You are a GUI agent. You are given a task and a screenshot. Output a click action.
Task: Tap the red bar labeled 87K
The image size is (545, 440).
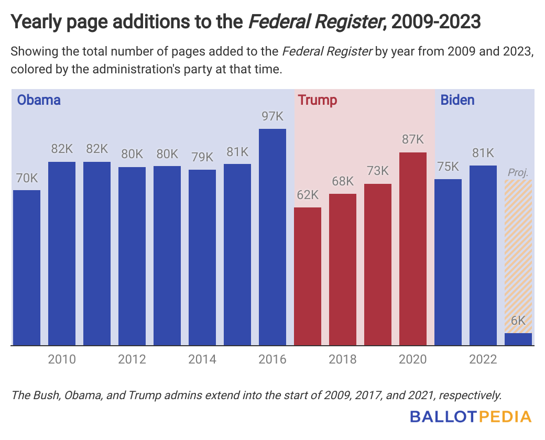413,249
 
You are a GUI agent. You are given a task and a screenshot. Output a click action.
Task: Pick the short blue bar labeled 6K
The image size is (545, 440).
518,339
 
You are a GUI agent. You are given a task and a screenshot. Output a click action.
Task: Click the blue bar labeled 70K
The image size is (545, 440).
27,267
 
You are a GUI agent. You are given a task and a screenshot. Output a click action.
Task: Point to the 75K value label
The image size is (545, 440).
448,167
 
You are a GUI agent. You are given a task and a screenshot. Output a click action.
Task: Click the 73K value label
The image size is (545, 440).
378,171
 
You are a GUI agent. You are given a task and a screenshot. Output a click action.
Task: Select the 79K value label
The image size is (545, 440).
202,157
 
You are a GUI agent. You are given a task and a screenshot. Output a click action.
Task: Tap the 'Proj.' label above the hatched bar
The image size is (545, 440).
518,172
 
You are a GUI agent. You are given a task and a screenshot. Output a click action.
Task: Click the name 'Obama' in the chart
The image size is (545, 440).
39,100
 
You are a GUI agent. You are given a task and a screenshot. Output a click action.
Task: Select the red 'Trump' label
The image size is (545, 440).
317,100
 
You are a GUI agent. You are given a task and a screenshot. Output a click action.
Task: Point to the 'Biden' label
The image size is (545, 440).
457,100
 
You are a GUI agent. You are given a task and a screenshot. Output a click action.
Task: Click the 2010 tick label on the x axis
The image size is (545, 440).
62,359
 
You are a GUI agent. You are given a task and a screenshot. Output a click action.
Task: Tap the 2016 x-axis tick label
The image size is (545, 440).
272,359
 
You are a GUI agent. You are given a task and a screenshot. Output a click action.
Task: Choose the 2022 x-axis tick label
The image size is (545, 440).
483,359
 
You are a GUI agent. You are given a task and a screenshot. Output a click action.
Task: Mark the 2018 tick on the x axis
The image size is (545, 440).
343,359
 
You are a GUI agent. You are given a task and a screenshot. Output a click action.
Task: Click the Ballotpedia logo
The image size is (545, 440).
470,417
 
